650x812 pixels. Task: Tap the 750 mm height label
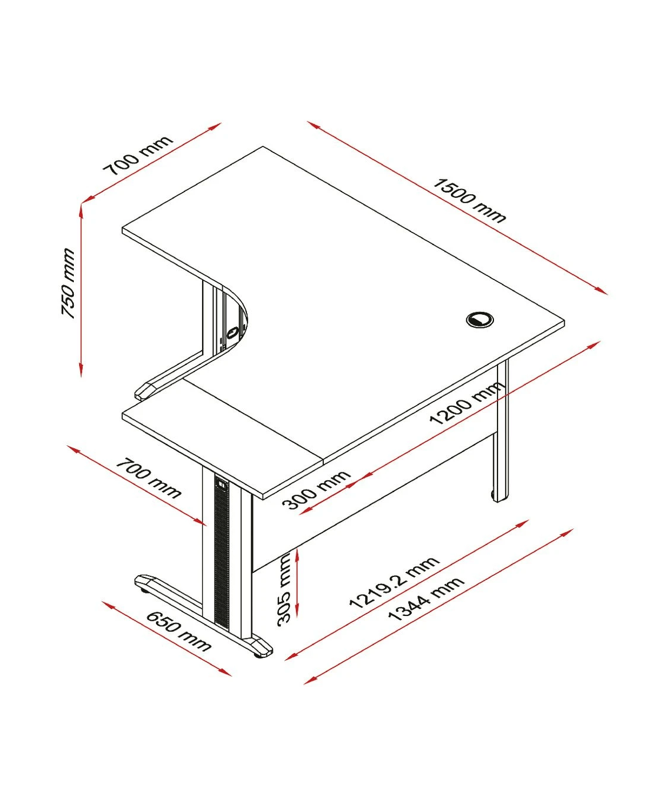69,283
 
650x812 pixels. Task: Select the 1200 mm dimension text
467,403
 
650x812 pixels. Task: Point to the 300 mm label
316,490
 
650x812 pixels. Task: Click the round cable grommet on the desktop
479,319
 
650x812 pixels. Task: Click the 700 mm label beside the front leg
148,478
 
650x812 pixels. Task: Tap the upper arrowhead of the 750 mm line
81,208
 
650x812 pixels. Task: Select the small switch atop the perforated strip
222,482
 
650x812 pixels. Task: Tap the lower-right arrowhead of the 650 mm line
225,672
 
